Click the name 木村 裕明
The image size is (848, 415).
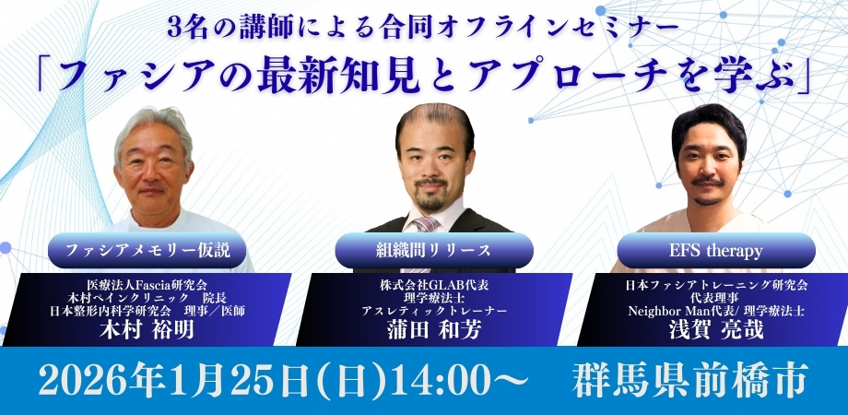pos(147,329)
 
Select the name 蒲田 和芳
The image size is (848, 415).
pos(434,329)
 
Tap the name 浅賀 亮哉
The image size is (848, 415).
pos(716,329)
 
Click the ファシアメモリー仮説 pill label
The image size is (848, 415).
pos(147,251)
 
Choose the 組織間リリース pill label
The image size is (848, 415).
pos(434,251)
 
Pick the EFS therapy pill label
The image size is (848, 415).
pos(716,251)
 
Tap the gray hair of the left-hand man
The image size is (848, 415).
pos(154,125)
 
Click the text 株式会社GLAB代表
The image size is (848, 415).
pos(434,285)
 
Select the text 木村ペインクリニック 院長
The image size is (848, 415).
pos(147,297)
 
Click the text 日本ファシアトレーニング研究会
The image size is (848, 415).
pos(716,285)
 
